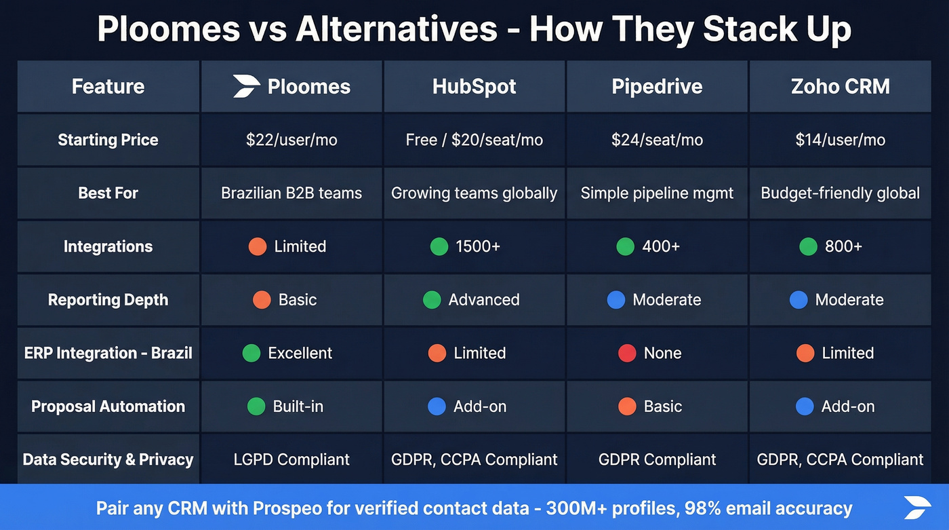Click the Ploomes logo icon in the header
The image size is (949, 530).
tap(246, 86)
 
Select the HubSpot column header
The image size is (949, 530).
tap(474, 86)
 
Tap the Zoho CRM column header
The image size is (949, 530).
tap(840, 86)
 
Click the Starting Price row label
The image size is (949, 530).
tap(108, 140)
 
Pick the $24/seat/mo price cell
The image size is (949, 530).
tap(657, 140)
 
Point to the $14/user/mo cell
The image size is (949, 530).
tap(840, 140)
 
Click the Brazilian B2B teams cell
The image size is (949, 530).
tap(291, 193)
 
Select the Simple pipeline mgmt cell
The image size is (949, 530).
tap(657, 193)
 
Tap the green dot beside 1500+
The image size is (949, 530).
tap(439, 246)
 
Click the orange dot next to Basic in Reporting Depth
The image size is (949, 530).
tap(262, 300)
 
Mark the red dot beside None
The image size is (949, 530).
tap(627, 353)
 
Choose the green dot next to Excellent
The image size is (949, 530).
tap(251, 353)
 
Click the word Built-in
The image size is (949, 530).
tap(298, 406)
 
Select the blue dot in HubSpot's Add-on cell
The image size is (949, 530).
tap(437, 406)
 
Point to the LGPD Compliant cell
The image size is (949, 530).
tap(291, 459)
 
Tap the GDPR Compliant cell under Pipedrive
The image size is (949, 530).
tap(657, 459)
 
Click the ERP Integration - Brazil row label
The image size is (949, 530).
tap(108, 353)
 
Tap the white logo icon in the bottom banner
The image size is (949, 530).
tap(916, 508)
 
